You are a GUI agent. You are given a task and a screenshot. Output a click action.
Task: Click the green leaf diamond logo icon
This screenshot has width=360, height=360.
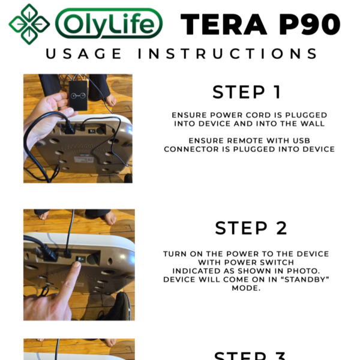coord(29,24)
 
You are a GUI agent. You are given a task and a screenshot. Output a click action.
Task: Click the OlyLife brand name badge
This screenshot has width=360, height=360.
coord(109,24)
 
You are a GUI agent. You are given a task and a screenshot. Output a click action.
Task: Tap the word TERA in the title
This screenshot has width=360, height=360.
coord(223,24)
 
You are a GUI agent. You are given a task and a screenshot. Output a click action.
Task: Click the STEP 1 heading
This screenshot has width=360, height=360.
coord(247,92)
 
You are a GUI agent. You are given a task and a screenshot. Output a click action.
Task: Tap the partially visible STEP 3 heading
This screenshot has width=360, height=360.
coord(247,355)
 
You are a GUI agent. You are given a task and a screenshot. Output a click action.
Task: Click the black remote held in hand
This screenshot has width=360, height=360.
coord(77,95)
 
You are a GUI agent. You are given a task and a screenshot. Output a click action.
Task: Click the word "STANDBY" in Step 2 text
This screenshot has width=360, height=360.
coord(298,280)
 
